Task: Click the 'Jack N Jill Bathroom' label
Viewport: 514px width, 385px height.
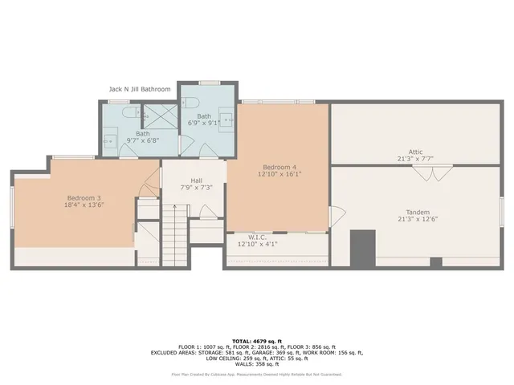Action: pos(140,90)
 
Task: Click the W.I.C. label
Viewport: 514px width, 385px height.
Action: pos(257,237)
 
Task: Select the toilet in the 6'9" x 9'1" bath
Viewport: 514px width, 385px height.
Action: pos(190,104)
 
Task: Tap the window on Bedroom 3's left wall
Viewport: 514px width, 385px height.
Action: pos(12,208)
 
